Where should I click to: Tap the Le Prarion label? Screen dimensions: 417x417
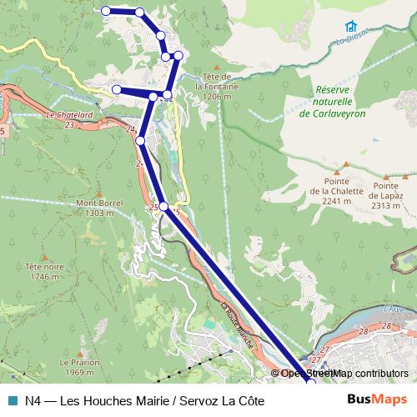tap(79, 368)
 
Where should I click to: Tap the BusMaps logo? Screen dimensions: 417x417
tap(377, 401)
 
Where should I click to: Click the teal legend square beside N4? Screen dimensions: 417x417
tap(11, 401)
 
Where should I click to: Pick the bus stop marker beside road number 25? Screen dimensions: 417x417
tap(163, 206)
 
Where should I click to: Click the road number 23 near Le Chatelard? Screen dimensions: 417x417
tap(68, 124)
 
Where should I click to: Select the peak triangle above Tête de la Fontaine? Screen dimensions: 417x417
tap(215, 67)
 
